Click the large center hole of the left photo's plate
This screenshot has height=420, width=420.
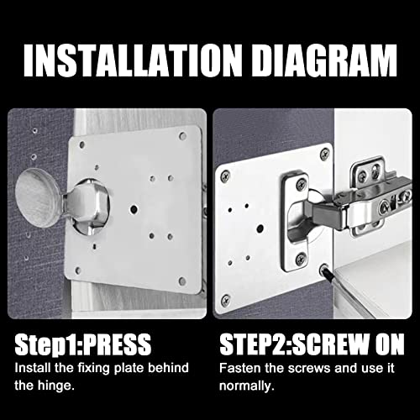pos(133,208)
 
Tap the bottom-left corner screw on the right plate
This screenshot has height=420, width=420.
pos(226,298)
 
